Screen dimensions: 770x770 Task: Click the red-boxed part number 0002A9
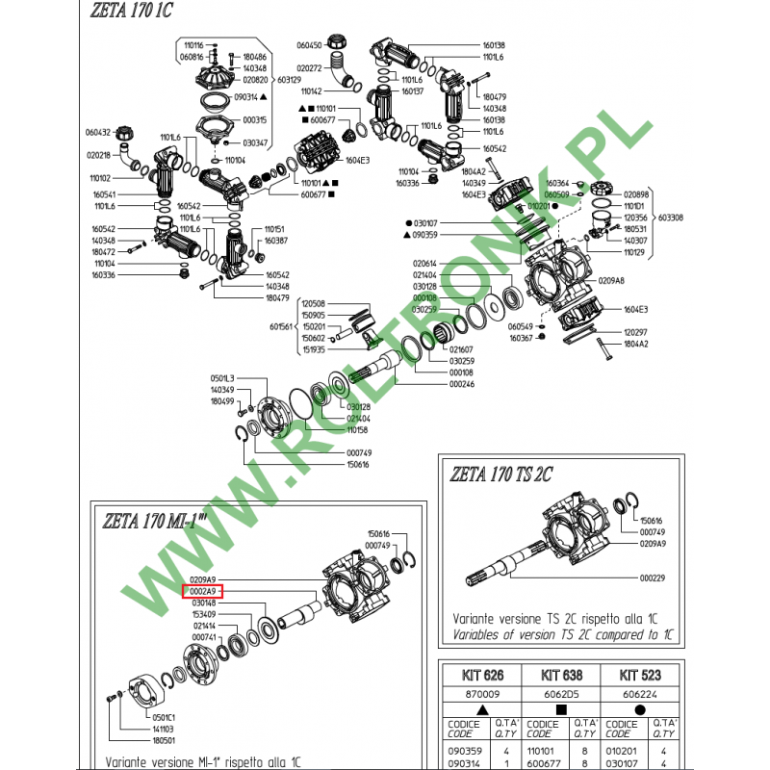202,591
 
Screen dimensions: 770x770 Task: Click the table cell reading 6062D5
558,691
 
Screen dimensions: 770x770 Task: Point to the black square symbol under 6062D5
558,707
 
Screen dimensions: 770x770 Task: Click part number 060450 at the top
309,45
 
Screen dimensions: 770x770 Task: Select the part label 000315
255,120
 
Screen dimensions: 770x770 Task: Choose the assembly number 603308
672,218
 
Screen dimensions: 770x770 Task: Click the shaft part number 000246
463,384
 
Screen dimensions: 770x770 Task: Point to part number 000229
654,578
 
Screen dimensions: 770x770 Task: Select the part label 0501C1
164,717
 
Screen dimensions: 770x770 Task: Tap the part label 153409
204,614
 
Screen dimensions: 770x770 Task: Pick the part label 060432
99,132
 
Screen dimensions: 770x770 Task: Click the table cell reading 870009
482,691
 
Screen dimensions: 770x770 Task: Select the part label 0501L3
222,377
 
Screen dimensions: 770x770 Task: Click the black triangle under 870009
482,707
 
